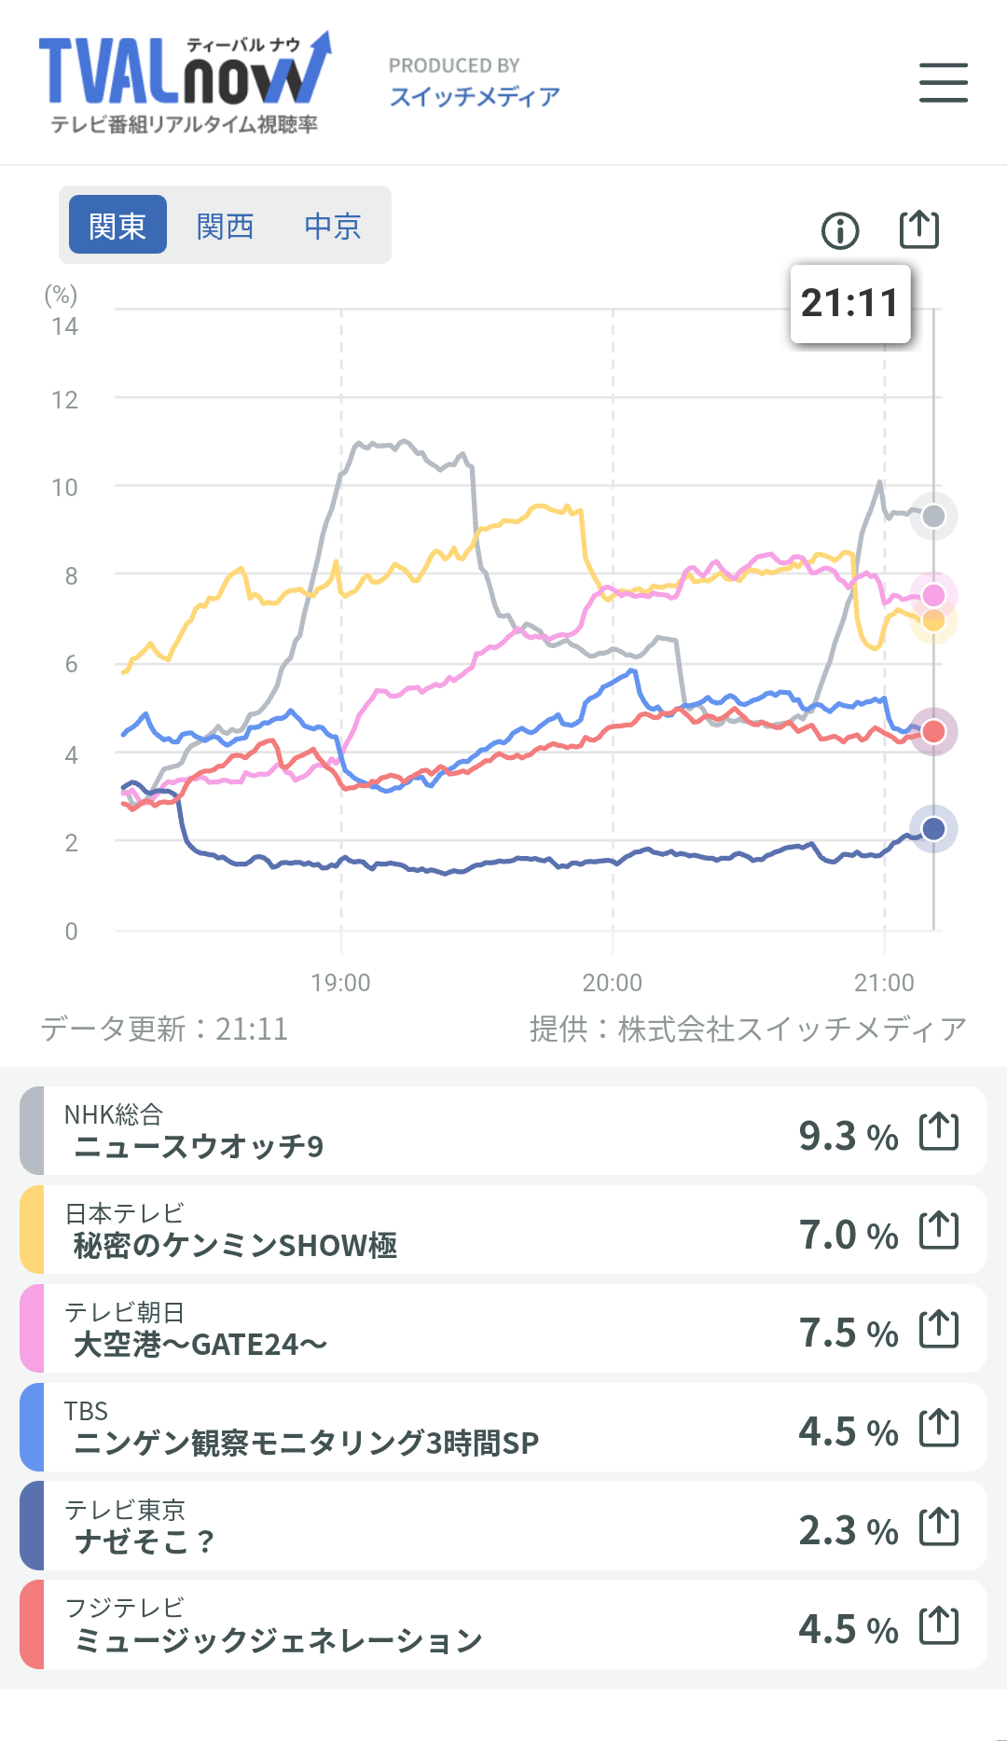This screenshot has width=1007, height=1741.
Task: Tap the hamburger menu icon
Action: (x=943, y=82)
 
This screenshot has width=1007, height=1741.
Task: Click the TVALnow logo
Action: (x=185, y=83)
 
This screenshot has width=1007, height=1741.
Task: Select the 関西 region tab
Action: (x=225, y=225)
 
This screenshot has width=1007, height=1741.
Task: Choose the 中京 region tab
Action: (x=333, y=225)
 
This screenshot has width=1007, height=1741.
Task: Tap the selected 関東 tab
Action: (x=118, y=225)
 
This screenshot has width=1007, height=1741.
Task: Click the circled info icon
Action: (x=840, y=230)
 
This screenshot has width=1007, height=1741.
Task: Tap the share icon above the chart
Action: (x=919, y=228)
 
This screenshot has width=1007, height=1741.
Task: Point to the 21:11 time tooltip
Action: (x=850, y=303)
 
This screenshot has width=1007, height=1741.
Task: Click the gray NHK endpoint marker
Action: (x=933, y=516)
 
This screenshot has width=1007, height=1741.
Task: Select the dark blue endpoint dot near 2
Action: (x=933, y=828)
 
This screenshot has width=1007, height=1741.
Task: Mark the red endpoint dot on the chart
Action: (x=933, y=732)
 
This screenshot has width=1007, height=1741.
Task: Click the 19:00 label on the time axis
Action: (x=340, y=983)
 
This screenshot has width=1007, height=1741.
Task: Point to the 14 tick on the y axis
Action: (x=64, y=326)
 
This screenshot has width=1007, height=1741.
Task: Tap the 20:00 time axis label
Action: (x=613, y=983)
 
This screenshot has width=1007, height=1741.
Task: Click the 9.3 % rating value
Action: (x=848, y=1136)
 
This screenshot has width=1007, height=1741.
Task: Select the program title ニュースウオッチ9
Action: (x=199, y=1146)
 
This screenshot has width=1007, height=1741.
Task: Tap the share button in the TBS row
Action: (x=939, y=1428)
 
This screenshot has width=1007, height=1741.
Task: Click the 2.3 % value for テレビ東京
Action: (x=848, y=1530)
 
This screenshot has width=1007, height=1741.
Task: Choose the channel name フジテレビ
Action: (x=125, y=1608)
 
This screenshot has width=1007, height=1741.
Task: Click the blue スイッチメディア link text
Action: (x=475, y=96)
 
